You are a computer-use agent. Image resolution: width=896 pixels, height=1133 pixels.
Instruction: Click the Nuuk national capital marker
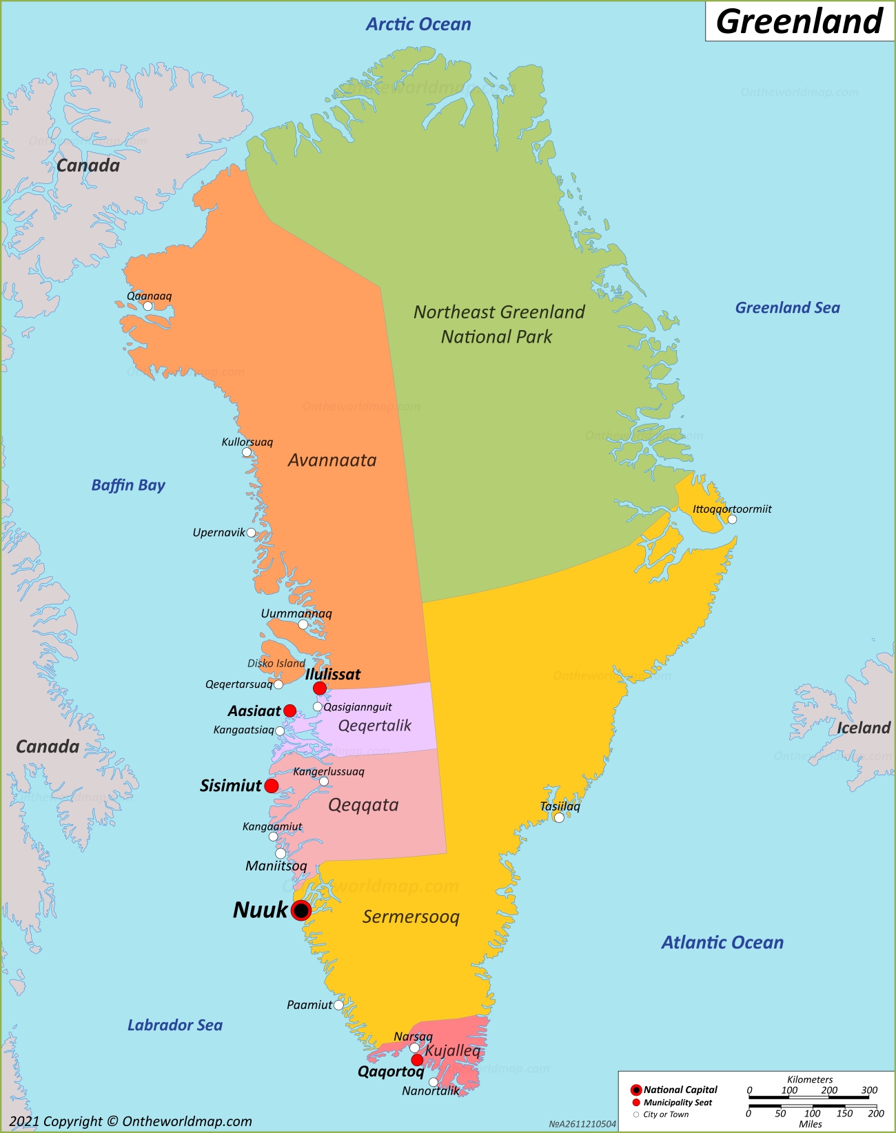(x=301, y=910)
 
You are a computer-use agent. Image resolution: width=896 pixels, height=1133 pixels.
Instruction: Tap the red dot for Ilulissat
(x=320, y=688)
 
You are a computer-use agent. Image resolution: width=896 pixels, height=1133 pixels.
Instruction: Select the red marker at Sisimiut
(x=272, y=786)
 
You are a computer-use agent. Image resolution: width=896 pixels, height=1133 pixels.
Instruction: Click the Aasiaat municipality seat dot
(x=290, y=711)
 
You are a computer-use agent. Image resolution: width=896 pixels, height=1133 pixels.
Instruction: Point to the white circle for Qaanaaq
(x=147, y=306)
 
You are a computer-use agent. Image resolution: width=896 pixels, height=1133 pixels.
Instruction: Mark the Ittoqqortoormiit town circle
(x=732, y=519)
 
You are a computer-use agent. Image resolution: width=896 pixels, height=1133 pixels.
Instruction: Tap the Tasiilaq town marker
(x=559, y=817)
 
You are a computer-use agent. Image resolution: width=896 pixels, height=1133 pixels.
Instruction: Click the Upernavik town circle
(x=251, y=533)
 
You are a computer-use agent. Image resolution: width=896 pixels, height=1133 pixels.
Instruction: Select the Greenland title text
(x=800, y=21)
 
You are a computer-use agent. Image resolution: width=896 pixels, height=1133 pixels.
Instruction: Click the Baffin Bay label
(x=128, y=485)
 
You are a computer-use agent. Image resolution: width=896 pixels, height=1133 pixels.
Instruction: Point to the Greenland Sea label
(x=787, y=308)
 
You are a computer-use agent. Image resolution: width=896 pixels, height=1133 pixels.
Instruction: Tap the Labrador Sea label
(x=175, y=1025)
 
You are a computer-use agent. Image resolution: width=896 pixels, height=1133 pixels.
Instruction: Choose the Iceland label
(x=863, y=728)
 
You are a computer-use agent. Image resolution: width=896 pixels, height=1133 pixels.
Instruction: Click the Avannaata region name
(x=332, y=460)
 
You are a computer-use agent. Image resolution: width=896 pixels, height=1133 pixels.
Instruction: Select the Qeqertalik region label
(x=374, y=726)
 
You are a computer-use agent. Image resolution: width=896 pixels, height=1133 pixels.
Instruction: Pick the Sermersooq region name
(x=411, y=917)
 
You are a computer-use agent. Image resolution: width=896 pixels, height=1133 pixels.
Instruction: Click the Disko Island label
(x=276, y=663)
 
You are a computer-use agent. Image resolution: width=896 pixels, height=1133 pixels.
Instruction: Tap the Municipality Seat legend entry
(x=678, y=1103)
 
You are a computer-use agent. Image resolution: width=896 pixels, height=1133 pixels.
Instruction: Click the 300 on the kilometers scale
(x=869, y=1090)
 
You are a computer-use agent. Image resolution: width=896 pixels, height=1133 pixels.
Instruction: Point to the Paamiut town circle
(x=338, y=1005)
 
